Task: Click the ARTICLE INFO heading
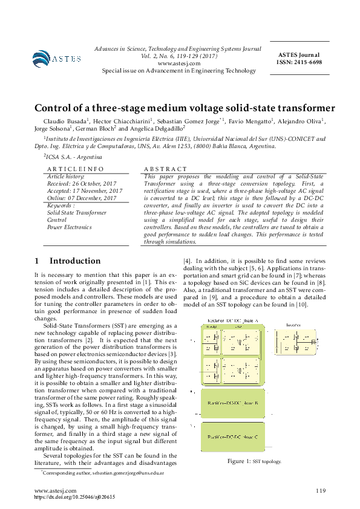(75, 169)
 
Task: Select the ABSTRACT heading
(166, 169)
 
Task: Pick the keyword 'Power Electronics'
(69, 227)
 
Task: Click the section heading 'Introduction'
(75, 261)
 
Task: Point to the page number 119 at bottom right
(320, 490)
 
